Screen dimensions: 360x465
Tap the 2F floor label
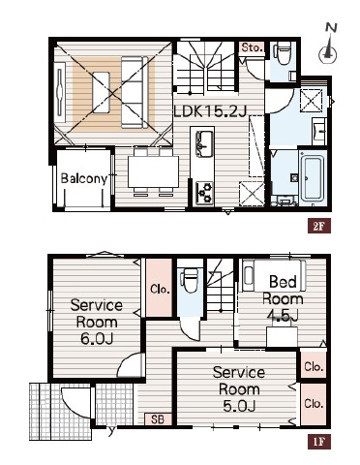318,227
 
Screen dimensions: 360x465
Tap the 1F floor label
318,442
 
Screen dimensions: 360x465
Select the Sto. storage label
253,47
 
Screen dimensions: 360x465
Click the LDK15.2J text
210,111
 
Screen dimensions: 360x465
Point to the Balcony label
84,178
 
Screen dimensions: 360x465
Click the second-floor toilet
283,53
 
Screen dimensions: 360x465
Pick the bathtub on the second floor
312,179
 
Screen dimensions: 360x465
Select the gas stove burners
204,193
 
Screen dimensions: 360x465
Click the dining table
153,171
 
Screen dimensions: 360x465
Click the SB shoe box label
158,419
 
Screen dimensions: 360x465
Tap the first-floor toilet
189,279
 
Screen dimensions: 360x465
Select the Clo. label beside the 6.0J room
160,289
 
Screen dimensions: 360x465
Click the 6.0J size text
97,339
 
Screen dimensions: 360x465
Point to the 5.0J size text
239,406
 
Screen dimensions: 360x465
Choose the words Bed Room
283,291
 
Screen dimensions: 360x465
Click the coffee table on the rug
101,92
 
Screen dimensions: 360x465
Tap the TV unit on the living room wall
60,93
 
